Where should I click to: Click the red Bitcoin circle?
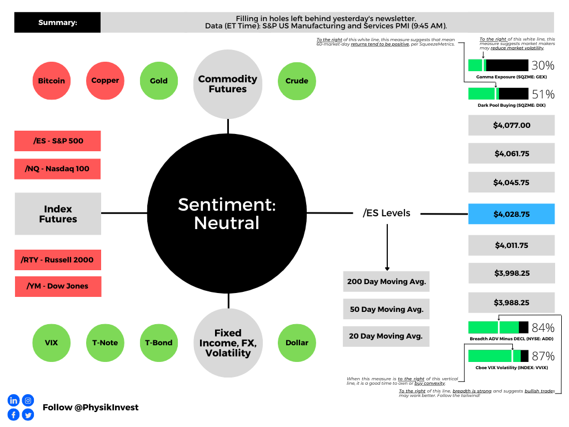(x=52, y=81)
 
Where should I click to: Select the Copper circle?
(x=105, y=81)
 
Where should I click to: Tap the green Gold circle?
(x=159, y=81)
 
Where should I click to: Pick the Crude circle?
(x=297, y=81)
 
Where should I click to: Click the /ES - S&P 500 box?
(x=58, y=141)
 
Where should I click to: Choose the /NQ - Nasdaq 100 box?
(x=57, y=169)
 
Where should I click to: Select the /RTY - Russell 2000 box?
(x=58, y=260)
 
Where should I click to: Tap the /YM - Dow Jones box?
(x=58, y=286)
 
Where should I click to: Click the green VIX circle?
(x=52, y=342)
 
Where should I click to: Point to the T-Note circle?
(x=105, y=342)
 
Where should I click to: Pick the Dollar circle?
(x=297, y=342)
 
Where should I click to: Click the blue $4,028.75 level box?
(x=511, y=214)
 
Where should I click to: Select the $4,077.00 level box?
(x=511, y=125)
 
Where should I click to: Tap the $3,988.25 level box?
(x=511, y=302)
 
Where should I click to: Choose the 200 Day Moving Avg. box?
(x=387, y=281)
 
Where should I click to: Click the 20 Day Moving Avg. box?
(x=386, y=336)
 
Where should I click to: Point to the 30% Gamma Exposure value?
(x=543, y=66)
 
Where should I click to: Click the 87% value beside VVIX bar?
(x=543, y=356)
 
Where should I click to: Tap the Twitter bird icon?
(x=28, y=415)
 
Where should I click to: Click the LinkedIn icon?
(x=13, y=400)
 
